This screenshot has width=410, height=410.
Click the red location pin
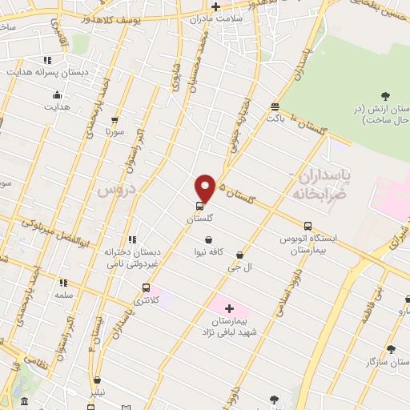click(205, 188)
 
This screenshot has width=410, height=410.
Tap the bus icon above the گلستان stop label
click(199, 206)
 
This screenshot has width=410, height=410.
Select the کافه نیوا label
click(208, 252)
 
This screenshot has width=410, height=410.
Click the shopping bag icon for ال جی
click(239, 255)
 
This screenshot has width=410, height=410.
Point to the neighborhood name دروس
click(114, 189)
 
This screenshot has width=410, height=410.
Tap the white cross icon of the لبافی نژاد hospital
click(229, 308)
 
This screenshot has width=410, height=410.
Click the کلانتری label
click(146, 300)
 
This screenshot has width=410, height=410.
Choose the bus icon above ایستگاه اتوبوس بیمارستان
click(307, 225)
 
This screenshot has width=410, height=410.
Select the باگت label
click(275, 119)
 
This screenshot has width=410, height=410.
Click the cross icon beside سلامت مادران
click(216, 6)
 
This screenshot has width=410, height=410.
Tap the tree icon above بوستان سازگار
click(391, 348)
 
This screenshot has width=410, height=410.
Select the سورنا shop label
click(115, 132)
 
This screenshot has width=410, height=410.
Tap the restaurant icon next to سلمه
click(63, 282)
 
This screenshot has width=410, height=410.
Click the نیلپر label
click(97, 393)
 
